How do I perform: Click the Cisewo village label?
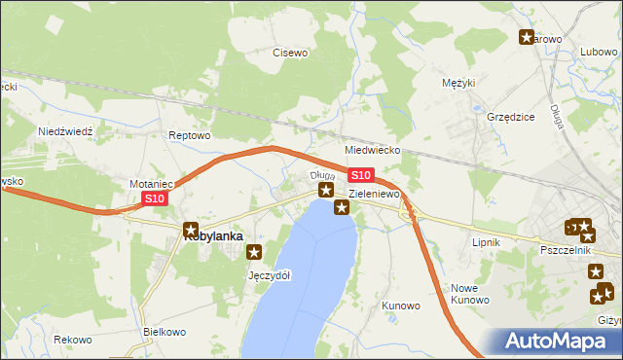(x=290, y=53)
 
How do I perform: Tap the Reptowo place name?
(x=189, y=135)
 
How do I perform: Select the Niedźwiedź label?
(x=64, y=130)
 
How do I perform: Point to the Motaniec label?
(x=151, y=183)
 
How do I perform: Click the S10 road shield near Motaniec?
(x=155, y=198)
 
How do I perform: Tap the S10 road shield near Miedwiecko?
(x=360, y=175)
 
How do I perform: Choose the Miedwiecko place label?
(x=373, y=151)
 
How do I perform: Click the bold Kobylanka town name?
(x=214, y=234)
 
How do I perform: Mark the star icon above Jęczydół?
(x=255, y=252)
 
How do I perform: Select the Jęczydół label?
(x=270, y=275)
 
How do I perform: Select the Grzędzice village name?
(x=510, y=117)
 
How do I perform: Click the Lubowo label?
(x=599, y=53)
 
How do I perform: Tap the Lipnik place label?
(x=485, y=241)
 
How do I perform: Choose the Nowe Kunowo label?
(x=469, y=294)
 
